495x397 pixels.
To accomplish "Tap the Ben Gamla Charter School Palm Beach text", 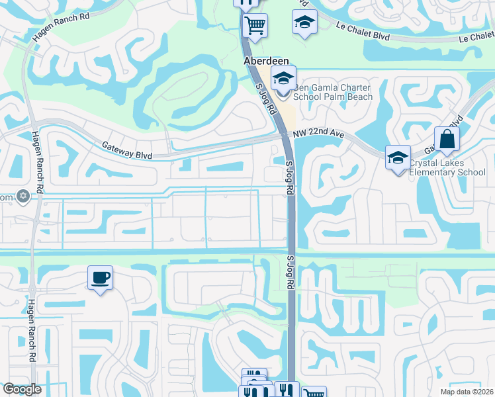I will (x=333, y=93).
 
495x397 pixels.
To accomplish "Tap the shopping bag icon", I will (x=447, y=140).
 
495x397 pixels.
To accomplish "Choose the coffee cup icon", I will (x=100, y=278).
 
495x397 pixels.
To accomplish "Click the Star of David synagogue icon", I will (x=23, y=197).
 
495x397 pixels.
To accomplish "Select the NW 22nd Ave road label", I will (x=320, y=134).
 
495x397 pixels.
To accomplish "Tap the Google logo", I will (x=22, y=389).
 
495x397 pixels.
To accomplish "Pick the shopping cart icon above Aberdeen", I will (x=255, y=26).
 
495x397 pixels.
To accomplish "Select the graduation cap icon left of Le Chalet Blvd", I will (x=304, y=22).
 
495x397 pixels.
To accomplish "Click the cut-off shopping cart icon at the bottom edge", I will (x=315, y=393).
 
